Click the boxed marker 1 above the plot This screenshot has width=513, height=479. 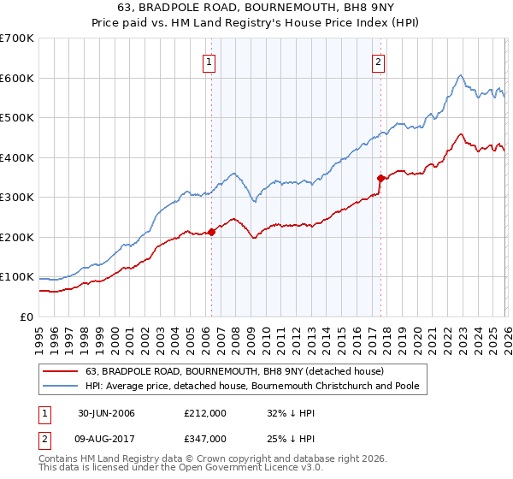pos(209,61)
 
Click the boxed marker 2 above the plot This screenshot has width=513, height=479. pos(378,61)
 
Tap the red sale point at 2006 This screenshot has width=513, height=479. pos(211,233)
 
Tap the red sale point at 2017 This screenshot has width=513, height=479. pos(381,178)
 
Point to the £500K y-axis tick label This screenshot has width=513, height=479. pos(17,118)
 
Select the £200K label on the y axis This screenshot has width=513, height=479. pos(17,237)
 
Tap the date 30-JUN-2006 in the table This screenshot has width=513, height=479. pos(106,413)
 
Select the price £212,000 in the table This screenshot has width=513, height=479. pos(205,413)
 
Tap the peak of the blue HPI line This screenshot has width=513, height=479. pos(460,75)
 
